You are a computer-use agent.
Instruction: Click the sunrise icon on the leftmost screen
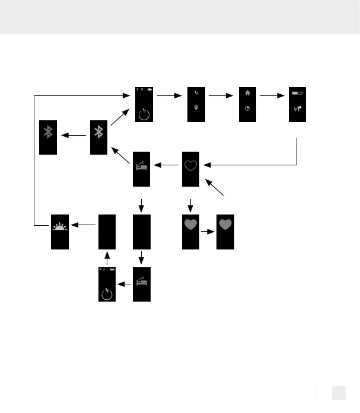[x=59, y=226]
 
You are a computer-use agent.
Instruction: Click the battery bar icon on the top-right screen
[x=297, y=93]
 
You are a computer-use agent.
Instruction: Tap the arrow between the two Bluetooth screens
[x=73, y=135]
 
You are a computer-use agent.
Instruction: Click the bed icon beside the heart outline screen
[x=142, y=162]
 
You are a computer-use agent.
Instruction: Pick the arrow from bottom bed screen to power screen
[x=125, y=284]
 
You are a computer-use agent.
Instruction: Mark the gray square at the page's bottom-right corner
[x=338, y=393]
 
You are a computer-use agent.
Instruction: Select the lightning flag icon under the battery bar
[x=297, y=110]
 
